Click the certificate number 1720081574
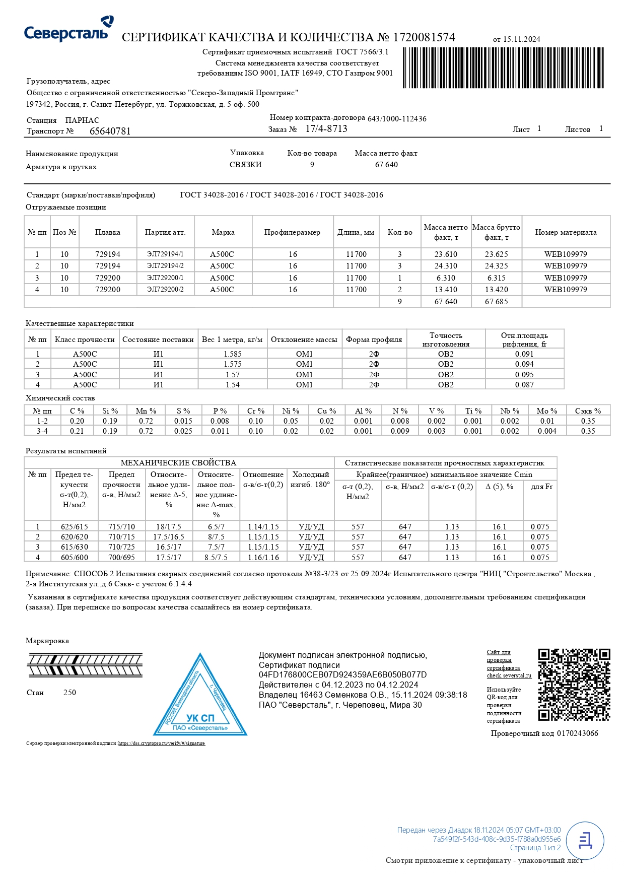click(424, 37)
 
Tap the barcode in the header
click(503, 67)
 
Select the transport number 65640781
click(110, 131)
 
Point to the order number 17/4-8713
click(326, 129)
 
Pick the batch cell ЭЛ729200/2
click(165, 290)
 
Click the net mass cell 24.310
click(446, 266)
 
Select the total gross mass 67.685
click(496, 302)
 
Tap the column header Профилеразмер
click(292, 232)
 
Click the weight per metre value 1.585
click(232, 354)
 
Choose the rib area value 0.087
click(524, 385)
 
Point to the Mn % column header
click(146, 411)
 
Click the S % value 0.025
click(183, 431)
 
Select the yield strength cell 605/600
click(74, 558)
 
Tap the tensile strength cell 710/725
click(121, 547)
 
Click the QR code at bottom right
click(574, 685)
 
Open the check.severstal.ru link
click(509, 675)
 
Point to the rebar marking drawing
click(85, 665)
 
